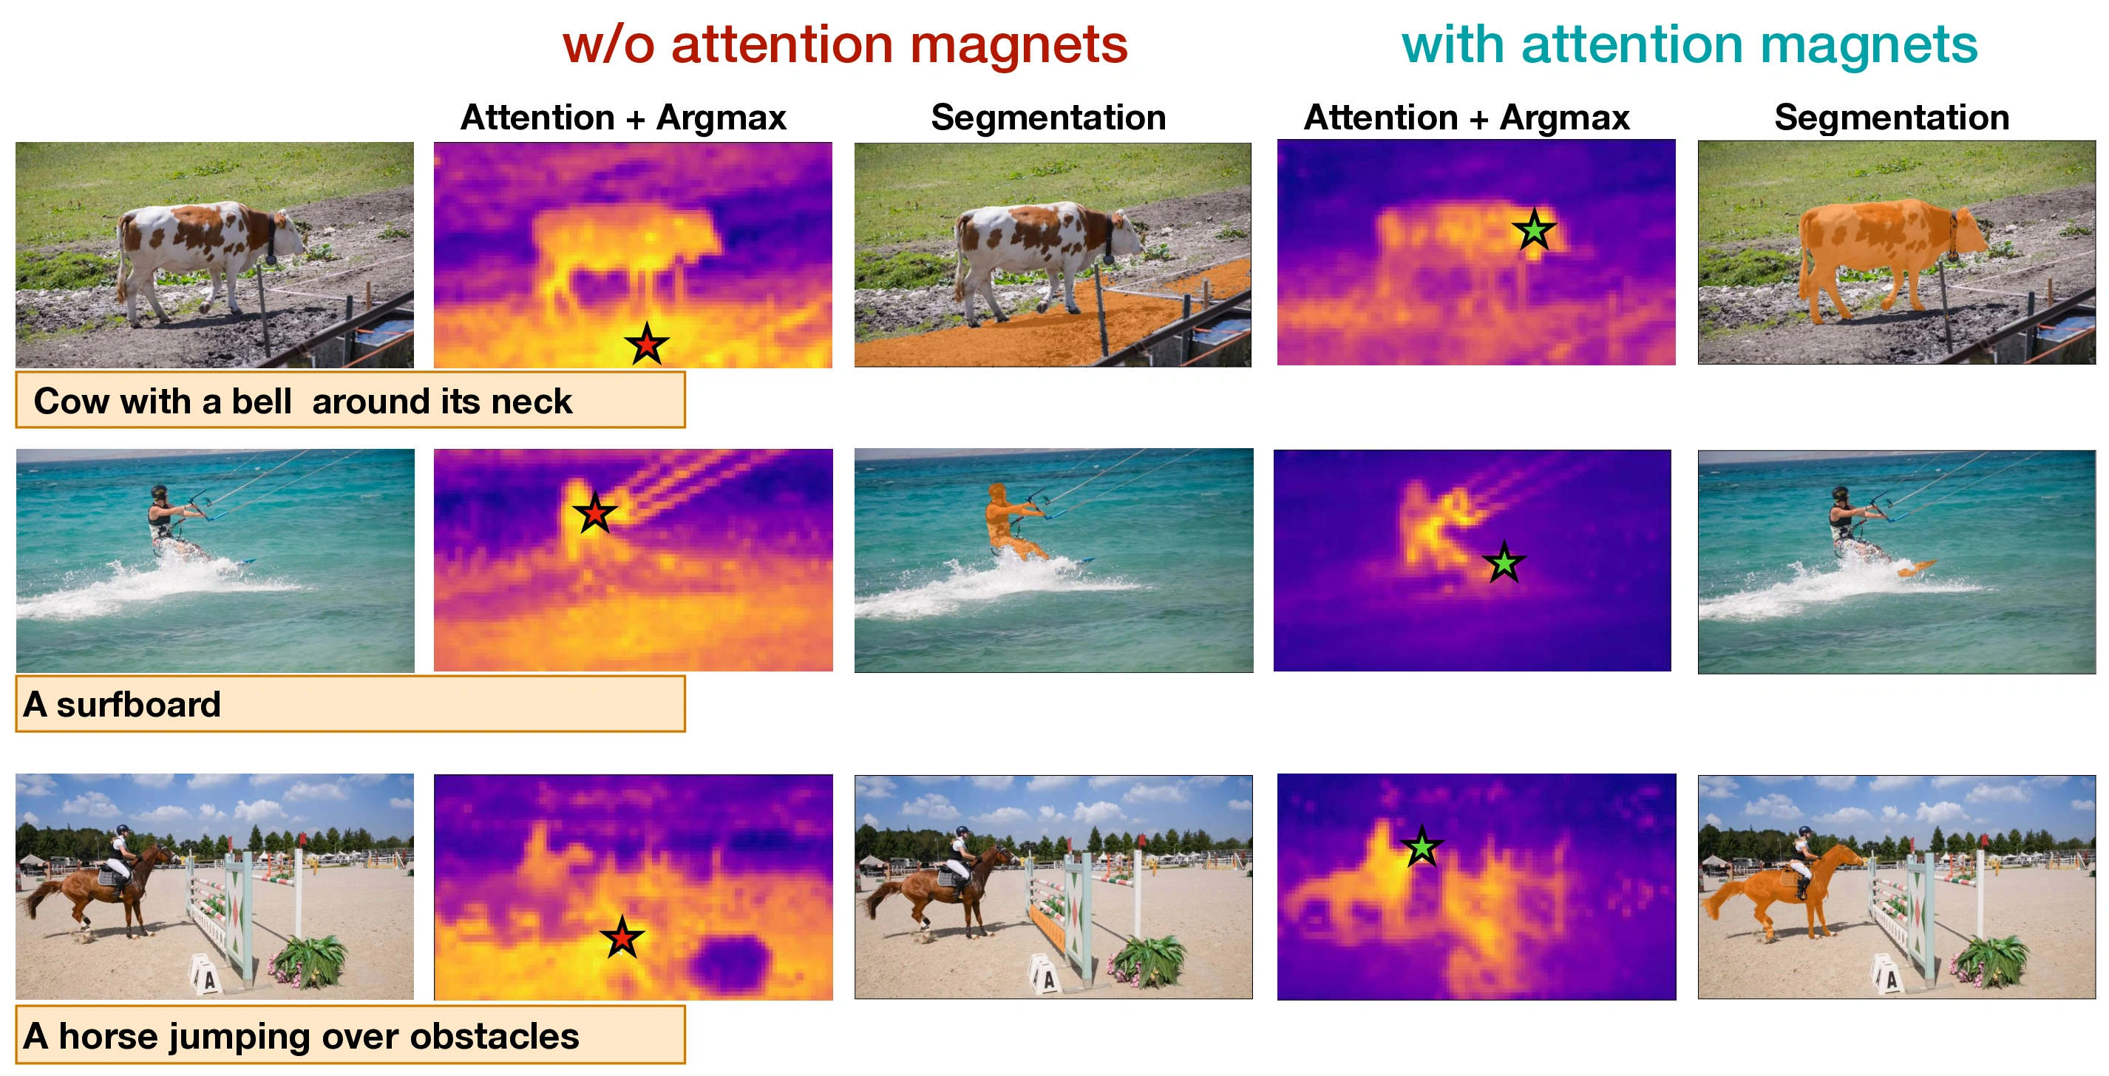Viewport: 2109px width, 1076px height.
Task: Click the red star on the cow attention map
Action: click(x=647, y=344)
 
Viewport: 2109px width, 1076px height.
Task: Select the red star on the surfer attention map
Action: click(x=595, y=513)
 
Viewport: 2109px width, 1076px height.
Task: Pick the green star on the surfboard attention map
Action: click(x=1504, y=563)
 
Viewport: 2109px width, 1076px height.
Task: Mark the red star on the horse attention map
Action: click(x=622, y=938)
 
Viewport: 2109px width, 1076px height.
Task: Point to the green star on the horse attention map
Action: click(x=1422, y=847)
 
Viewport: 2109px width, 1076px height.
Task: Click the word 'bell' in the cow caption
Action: click(x=261, y=402)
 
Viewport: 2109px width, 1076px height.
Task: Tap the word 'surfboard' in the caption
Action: click(x=138, y=704)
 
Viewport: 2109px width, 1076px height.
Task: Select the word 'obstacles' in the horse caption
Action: click(x=495, y=1036)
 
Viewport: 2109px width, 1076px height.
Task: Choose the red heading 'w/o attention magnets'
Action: click(x=845, y=45)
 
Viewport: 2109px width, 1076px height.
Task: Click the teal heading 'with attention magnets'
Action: click(x=1689, y=45)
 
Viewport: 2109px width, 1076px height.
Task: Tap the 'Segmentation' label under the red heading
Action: click(x=1048, y=117)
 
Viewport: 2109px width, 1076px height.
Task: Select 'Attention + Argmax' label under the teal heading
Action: click(x=1467, y=117)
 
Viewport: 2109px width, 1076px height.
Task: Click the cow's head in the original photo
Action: click(x=288, y=234)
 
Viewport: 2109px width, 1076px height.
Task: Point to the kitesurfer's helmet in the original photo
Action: click(x=159, y=493)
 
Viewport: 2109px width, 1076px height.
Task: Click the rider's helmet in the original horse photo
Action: click(x=122, y=830)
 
